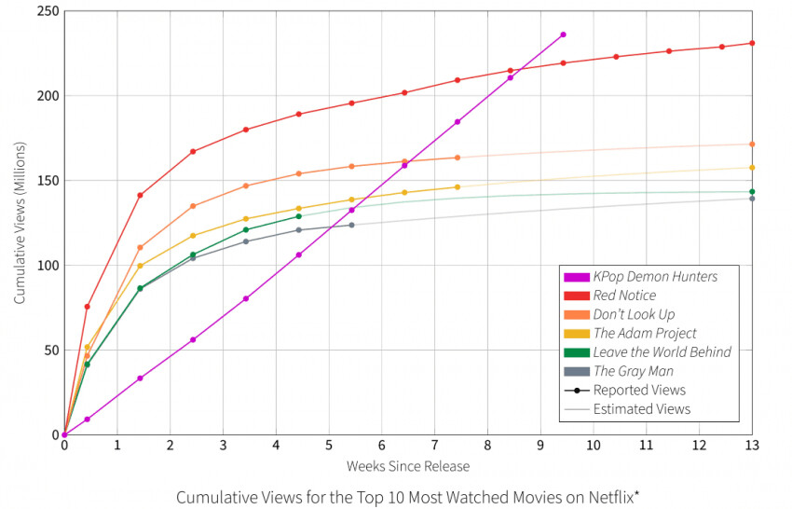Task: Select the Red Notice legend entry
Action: pos(624,296)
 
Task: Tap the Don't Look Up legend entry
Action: pos(634,314)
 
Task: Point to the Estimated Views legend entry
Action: pos(641,408)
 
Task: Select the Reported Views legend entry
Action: pos(639,390)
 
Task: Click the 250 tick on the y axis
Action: pos(47,11)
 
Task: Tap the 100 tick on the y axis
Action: pos(47,266)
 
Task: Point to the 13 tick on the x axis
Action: pos(752,447)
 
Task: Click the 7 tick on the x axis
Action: pos(434,447)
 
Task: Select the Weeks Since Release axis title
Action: pos(408,465)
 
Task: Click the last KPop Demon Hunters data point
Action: pos(563,34)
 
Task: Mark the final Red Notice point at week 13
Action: pos(752,43)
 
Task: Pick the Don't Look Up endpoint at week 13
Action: pos(752,144)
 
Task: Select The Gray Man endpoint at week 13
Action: pos(752,199)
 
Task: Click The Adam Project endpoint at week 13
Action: pos(752,168)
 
